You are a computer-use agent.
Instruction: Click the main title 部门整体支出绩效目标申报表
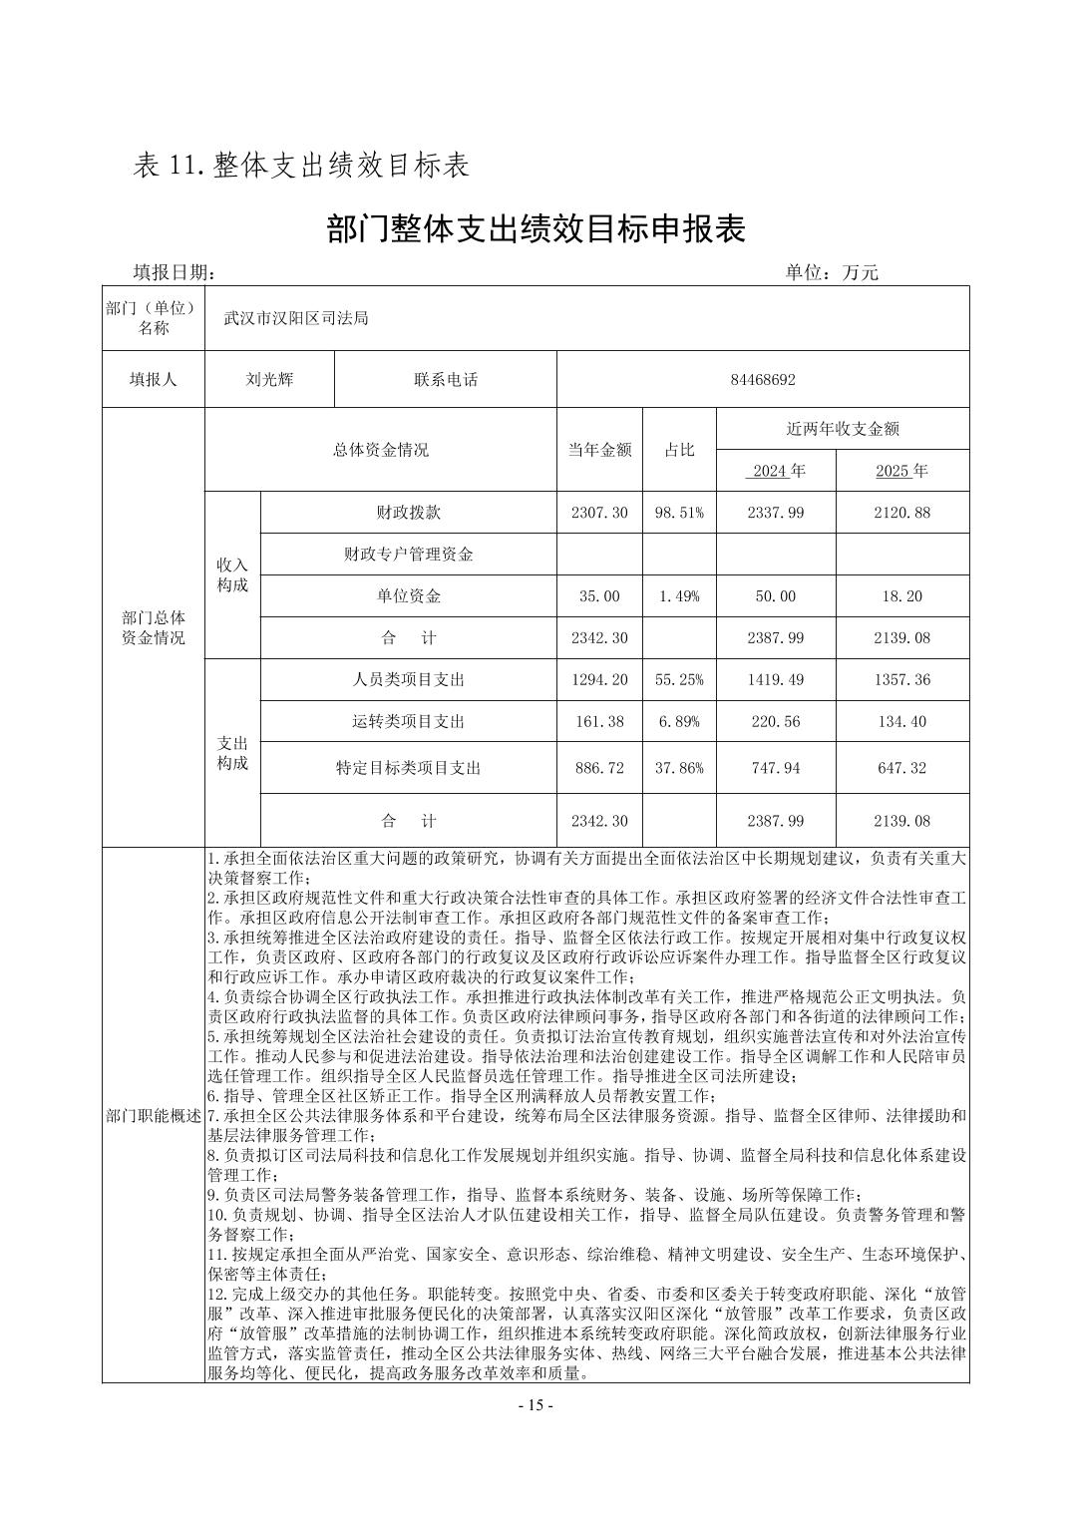[x=535, y=229]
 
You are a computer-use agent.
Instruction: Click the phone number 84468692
[x=762, y=379]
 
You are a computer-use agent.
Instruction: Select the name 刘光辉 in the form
[x=269, y=379]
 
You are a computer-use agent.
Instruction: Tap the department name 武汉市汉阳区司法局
[x=296, y=318]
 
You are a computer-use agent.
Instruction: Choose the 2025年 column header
[x=901, y=471]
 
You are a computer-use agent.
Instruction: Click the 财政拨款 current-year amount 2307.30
[x=599, y=513]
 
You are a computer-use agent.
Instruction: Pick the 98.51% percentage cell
[x=679, y=513]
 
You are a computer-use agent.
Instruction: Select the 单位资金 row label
[x=408, y=596]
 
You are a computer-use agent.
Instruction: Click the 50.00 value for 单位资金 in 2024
[x=775, y=596]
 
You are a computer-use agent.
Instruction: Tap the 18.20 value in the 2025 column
[x=901, y=596]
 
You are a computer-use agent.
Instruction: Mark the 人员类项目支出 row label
[x=408, y=680]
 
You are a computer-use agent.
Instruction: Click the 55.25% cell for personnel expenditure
[x=679, y=680]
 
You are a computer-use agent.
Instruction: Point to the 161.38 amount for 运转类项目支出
[x=599, y=721]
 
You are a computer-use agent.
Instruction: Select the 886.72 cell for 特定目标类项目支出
[x=599, y=768]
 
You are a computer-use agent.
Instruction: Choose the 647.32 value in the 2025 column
[x=901, y=768]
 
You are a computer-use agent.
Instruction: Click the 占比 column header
[x=679, y=450]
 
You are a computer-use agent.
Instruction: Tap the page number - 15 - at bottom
[x=535, y=1405]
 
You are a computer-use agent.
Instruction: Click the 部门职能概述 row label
[x=154, y=1116]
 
